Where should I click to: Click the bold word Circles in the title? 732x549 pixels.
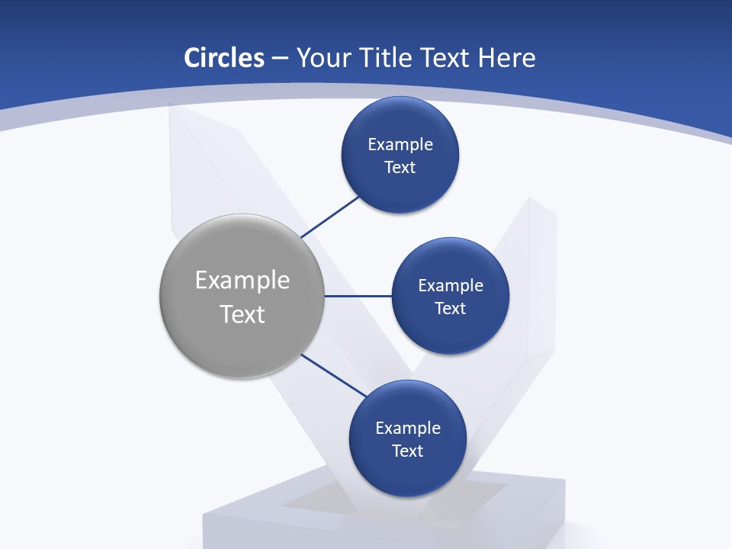tap(224, 58)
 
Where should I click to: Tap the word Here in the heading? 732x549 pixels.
tap(506, 58)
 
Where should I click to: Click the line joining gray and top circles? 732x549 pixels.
tap(330, 217)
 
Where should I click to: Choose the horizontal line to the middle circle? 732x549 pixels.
tap(358, 296)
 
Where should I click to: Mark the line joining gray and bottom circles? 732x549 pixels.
tap(334, 375)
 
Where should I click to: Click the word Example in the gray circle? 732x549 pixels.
tap(242, 281)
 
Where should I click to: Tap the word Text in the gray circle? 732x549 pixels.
tap(242, 314)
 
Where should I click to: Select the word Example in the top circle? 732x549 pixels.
tap(400, 145)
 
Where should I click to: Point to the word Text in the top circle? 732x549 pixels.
tap(400, 168)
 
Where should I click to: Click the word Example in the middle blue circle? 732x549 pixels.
tap(451, 286)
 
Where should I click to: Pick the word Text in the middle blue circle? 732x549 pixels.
tap(451, 309)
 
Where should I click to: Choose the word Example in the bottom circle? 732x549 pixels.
tap(408, 429)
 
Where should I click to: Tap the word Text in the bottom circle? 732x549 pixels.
tap(408, 451)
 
